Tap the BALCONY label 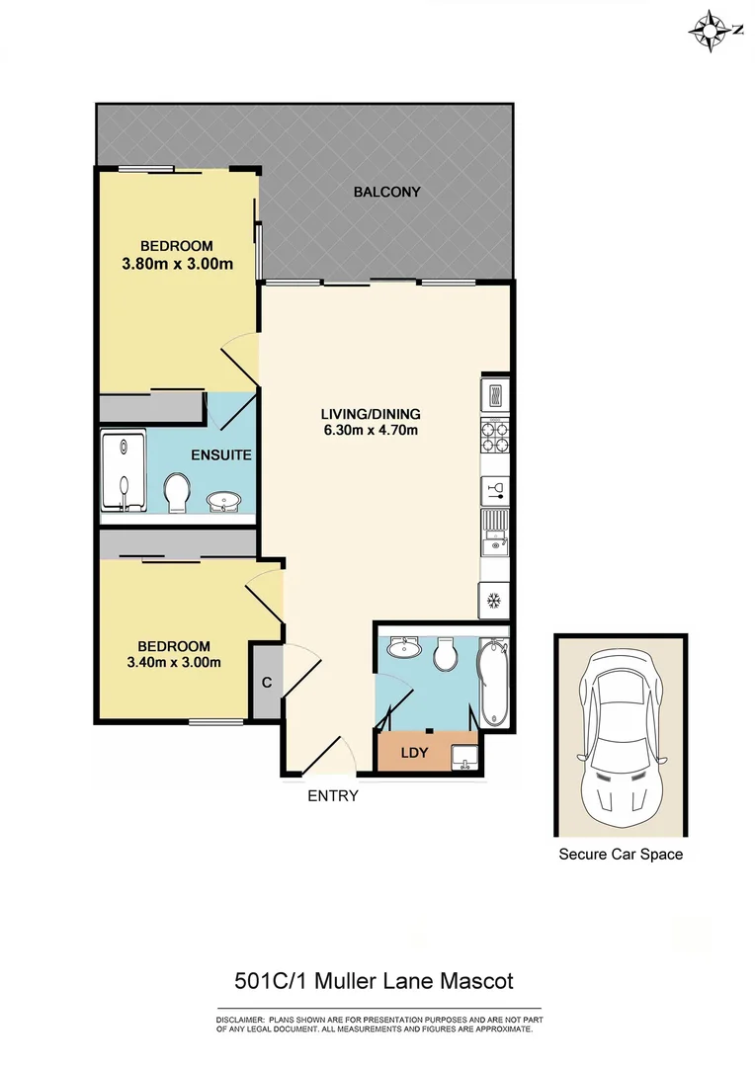[387, 192]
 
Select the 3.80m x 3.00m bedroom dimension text [177, 264]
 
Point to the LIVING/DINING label [371, 413]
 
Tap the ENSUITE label [221, 455]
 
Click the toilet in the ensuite [178, 491]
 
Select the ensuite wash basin [224, 502]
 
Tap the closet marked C [266, 682]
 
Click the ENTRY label [332, 795]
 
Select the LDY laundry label [414, 753]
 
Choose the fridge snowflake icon [493, 600]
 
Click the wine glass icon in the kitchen [493, 491]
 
